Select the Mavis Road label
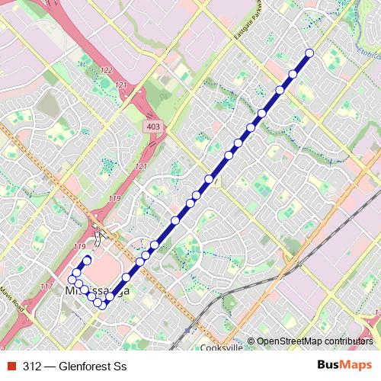pyautogui.click(x=12, y=293)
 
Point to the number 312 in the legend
pyautogui.click(x=31, y=366)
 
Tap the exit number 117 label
pyautogui.click(x=46, y=287)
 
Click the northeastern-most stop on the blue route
pyautogui.click(x=309, y=53)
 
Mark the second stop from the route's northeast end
pyautogui.click(x=293, y=74)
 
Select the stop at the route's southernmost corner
pyautogui.click(x=104, y=306)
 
